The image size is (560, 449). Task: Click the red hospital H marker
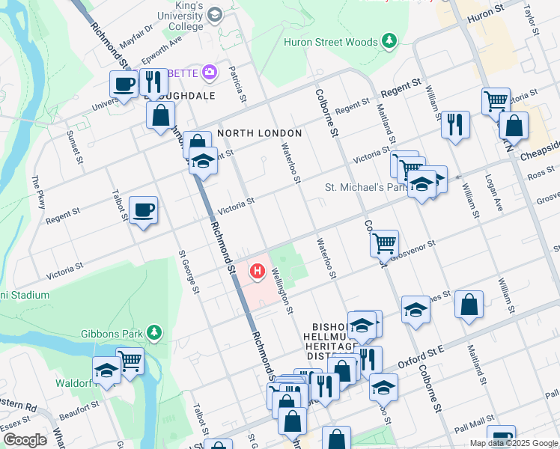(x=259, y=270)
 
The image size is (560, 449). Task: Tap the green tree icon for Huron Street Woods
(x=389, y=41)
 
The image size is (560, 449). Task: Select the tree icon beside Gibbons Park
(x=154, y=332)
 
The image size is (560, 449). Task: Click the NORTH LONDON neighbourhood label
(x=259, y=133)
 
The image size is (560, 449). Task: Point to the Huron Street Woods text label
(x=330, y=42)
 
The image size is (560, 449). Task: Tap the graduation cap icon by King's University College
(x=216, y=15)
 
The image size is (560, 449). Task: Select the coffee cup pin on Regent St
(x=143, y=210)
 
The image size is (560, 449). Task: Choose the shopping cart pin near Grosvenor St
(x=384, y=242)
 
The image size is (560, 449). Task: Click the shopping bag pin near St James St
(x=469, y=305)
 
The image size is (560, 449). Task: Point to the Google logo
(x=25, y=440)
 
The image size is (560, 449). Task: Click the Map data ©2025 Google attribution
(x=514, y=443)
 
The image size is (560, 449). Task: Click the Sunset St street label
(x=76, y=148)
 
